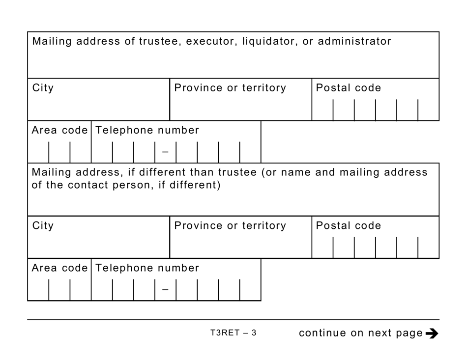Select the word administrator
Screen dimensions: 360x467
(354, 41)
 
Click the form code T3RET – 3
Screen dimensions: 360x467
(233, 333)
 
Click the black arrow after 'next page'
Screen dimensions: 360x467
(432, 333)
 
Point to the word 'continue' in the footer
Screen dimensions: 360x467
(322, 333)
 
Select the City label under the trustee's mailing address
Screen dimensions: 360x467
(43, 88)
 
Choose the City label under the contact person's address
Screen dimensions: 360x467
(43, 225)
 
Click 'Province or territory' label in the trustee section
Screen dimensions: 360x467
(230, 88)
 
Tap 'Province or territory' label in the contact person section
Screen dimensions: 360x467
(230, 225)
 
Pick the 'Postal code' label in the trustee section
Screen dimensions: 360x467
(348, 88)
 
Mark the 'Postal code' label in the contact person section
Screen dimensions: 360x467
(348, 225)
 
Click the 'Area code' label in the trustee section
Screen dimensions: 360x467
(59, 130)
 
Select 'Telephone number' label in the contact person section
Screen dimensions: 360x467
(147, 268)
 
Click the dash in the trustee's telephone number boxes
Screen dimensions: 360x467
(165, 152)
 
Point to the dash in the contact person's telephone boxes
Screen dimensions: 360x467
(165, 289)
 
